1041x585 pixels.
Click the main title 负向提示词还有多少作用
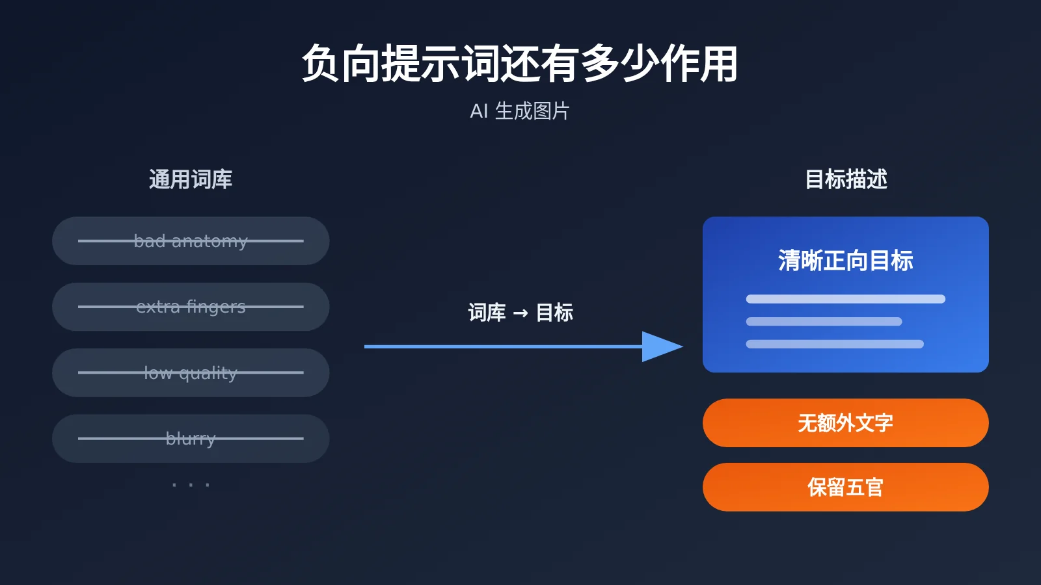pos(520,64)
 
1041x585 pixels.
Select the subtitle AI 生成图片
pos(520,111)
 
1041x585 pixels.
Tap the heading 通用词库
pos(191,179)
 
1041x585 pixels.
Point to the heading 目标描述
pos(846,179)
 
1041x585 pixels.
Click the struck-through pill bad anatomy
pos(191,241)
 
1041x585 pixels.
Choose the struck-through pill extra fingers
pos(191,307)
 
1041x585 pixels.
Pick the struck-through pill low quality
pos(191,373)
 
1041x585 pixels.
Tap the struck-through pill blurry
pos(191,439)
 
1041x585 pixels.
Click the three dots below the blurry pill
pos(191,485)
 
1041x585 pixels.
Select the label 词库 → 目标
pos(520,313)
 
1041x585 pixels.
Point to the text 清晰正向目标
pos(846,261)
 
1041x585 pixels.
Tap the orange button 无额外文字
pos(846,423)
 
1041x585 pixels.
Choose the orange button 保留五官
pos(846,487)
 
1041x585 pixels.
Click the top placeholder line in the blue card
pos(846,299)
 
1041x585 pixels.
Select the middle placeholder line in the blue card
pos(824,321)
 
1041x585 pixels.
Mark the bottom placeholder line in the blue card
pos(835,344)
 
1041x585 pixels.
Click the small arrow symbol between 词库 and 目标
pos(520,313)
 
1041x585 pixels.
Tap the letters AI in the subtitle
pos(479,111)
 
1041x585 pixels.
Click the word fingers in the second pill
pos(215,307)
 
